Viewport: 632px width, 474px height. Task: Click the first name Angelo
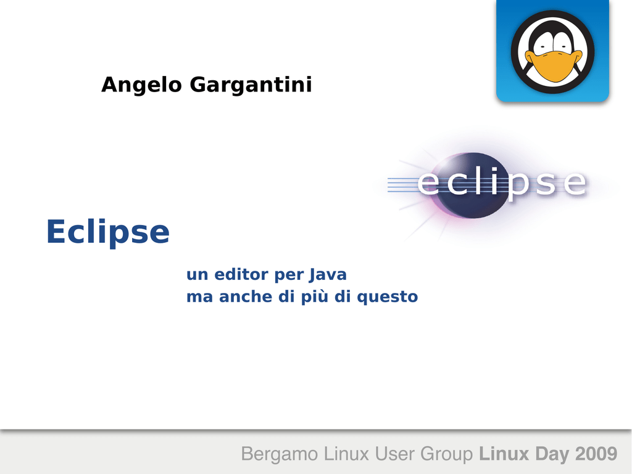click(x=141, y=85)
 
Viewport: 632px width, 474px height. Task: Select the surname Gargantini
click(x=251, y=85)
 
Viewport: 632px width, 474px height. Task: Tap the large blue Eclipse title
click(x=108, y=232)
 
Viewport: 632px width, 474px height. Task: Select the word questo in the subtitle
click(x=388, y=297)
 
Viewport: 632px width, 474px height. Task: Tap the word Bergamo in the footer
click(x=280, y=454)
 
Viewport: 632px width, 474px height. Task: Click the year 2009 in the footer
click(x=596, y=454)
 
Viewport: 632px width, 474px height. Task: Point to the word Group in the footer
click(x=447, y=454)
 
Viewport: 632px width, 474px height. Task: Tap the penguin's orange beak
click(x=554, y=66)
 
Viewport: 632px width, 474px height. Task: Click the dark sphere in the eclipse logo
click(x=472, y=186)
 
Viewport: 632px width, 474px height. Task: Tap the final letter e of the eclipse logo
click(x=574, y=184)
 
